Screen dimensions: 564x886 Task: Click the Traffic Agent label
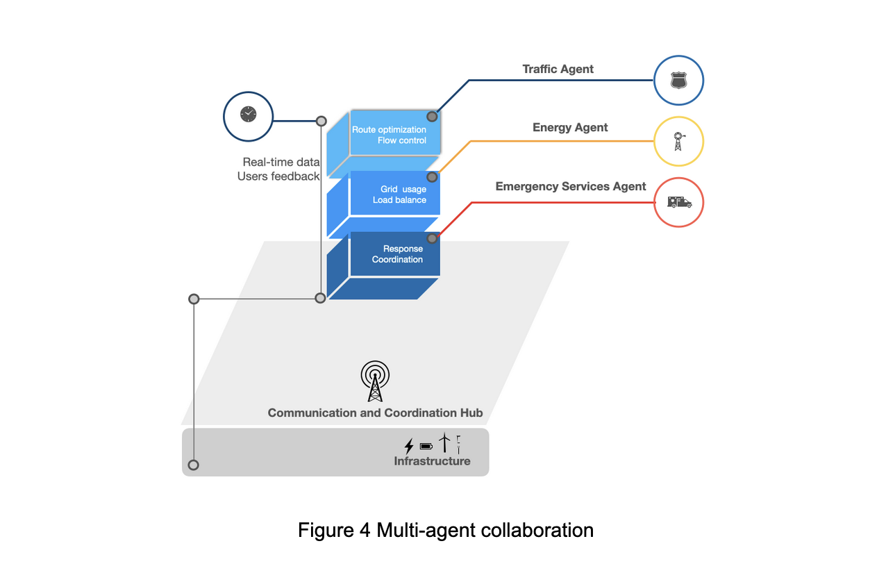(558, 69)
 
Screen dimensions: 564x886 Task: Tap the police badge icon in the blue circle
(678, 81)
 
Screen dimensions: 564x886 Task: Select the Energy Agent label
(569, 127)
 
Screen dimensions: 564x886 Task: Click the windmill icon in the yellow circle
(678, 141)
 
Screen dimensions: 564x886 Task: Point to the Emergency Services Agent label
(570, 186)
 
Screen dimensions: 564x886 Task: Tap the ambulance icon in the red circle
(678, 202)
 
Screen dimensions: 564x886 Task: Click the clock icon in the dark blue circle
(248, 115)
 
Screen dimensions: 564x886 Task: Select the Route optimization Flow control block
(394, 135)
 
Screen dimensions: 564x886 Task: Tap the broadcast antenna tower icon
(375, 381)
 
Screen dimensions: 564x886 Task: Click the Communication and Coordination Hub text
(375, 413)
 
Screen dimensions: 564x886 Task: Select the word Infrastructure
(432, 461)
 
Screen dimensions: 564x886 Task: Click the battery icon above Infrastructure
(426, 446)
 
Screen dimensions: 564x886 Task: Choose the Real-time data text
(281, 162)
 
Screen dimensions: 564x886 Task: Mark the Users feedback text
(278, 176)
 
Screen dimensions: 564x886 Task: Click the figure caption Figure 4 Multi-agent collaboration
(445, 530)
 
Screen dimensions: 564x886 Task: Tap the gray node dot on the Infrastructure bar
(194, 465)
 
